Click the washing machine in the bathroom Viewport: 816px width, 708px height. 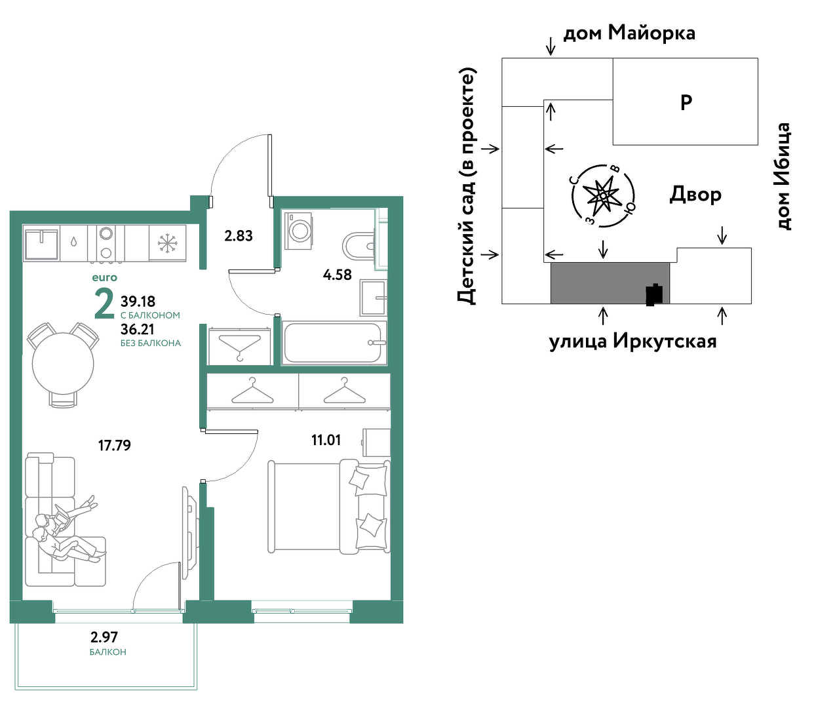coord(298,231)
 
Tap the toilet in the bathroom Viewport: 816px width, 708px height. coord(358,245)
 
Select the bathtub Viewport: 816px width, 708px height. coord(334,343)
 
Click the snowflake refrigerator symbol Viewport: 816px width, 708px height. coord(168,243)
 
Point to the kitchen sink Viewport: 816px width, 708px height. coord(41,243)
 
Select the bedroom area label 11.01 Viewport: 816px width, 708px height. coord(326,441)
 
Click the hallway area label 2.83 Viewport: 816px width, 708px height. coord(239,236)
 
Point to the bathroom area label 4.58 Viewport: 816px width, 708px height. coord(338,275)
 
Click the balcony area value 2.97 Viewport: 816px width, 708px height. coord(104,637)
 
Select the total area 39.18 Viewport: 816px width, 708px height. coord(138,301)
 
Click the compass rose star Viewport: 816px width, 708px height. coord(603,196)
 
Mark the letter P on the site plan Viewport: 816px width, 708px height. coord(686,102)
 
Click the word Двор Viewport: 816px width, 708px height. coord(695,195)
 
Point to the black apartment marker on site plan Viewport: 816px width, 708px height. coord(654,295)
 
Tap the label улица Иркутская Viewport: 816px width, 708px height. coord(633,342)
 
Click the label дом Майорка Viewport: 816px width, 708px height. coord(629,33)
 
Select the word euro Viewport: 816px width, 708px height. coord(104,277)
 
